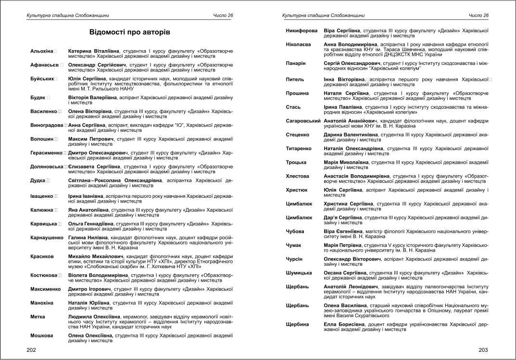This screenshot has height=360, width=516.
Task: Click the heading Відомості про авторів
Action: click(x=129, y=32)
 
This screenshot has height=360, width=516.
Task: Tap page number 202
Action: click(x=31, y=350)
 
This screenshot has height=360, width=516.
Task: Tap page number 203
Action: click(x=483, y=350)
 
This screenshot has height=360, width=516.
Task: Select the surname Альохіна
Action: click(x=41, y=51)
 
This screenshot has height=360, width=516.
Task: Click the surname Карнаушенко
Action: click(x=47, y=238)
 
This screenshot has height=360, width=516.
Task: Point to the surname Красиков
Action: click(x=42, y=257)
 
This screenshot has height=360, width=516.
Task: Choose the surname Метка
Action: click(x=38, y=316)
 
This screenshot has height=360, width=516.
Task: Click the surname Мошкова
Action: click(x=42, y=335)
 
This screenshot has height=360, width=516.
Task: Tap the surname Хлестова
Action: click(x=298, y=176)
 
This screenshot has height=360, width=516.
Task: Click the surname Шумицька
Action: click(x=299, y=273)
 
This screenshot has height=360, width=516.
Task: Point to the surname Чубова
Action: click(x=295, y=231)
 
